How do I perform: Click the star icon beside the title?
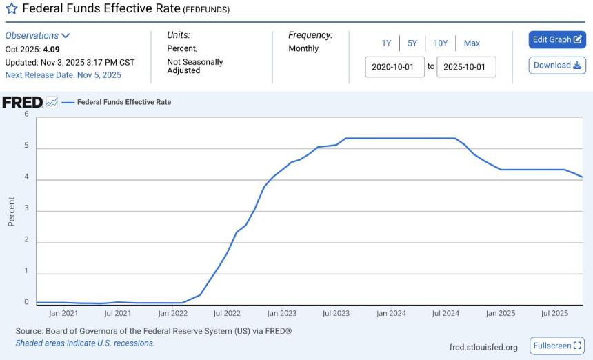click(12, 8)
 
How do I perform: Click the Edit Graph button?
click(557, 40)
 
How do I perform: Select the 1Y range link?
click(386, 43)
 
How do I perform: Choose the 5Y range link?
click(412, 43)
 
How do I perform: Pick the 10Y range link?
click(440, 43)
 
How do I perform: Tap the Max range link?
click(472, 43)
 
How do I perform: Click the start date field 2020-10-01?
click(394, 67)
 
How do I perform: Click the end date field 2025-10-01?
click(466, 67)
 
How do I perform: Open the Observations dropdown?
click(37, 36)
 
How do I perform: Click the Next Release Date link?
click(63, 75)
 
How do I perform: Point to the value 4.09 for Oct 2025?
click(52, 49)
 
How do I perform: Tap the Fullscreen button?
click(557, 346)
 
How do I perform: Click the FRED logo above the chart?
click(23, 102)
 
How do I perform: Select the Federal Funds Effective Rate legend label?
click(124, 102)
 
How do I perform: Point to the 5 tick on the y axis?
click(26, 146)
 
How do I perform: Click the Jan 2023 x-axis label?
click(282, 314)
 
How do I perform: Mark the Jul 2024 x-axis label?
click(445, 314)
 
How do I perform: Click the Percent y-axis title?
click(11, 212)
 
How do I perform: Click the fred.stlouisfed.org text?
click(483, 347)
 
